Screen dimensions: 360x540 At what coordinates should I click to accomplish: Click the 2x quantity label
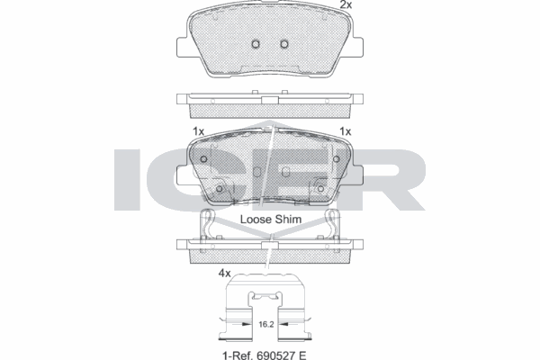point(346,5)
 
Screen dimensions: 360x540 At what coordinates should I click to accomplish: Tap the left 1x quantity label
point(199,131)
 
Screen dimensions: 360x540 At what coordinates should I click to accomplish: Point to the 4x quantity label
point(224,272)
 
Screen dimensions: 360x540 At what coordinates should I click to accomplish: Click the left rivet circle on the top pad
point(256,44)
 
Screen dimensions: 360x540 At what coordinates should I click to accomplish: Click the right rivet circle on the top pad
point(285,44)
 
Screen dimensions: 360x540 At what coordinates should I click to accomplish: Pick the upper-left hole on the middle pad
point(204,160)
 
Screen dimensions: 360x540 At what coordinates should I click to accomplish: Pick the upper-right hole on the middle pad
point(337,160)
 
